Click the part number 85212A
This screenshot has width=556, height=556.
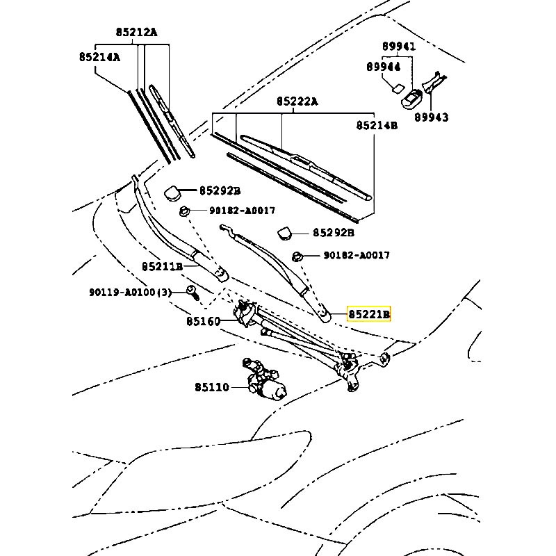point(136,32)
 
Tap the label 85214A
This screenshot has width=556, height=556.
point(99,57)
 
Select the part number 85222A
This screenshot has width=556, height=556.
point(297,101)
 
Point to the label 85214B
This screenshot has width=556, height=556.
point(377,126)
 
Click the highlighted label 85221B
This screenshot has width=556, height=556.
point(370,315)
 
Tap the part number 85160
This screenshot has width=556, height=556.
point(203,322)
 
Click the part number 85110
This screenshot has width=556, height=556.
point(211,387)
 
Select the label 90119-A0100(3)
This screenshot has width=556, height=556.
point(129,292)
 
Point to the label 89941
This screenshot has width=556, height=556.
point(398,47)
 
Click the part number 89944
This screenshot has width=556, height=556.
point(384,67)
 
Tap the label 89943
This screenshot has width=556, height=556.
point(432,117)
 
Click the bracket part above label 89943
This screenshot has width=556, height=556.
point(432,83)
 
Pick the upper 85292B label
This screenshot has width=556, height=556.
point(220,190)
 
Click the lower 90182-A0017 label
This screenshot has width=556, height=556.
point(356,256)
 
